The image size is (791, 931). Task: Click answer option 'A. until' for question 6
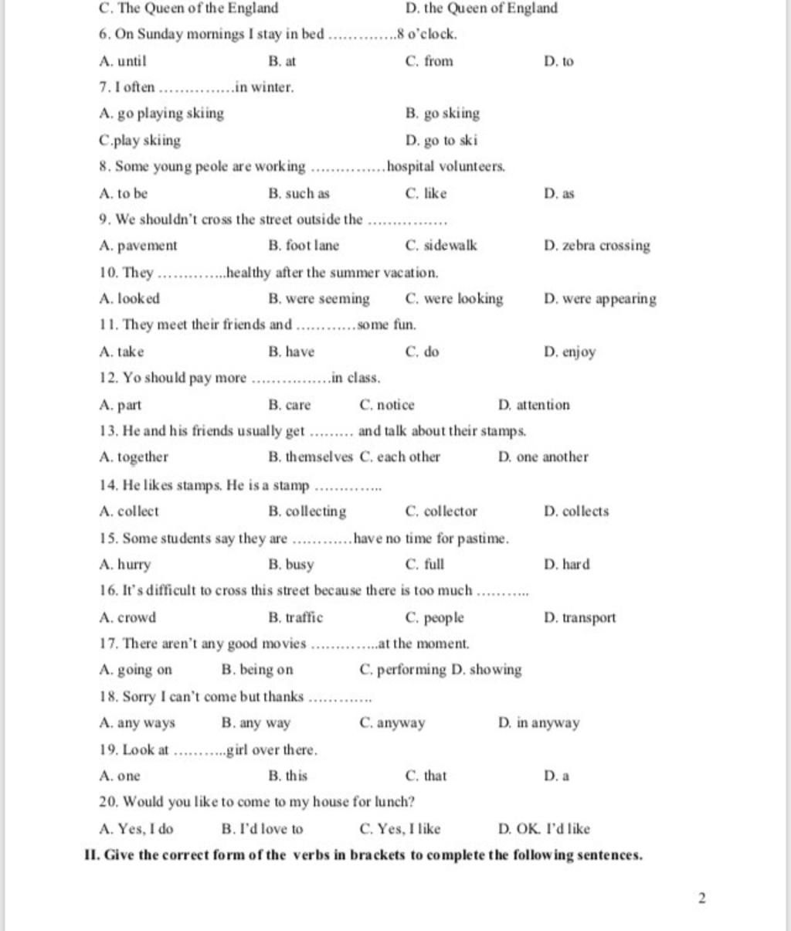[123, 61]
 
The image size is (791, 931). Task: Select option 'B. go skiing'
[442, 114]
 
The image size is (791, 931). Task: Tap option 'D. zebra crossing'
[596, 246]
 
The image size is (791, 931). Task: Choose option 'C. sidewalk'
[440, 246]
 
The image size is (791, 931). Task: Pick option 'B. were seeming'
[318, 299]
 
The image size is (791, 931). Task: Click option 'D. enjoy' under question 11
[569, 352]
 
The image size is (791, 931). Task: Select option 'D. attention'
[534, 405]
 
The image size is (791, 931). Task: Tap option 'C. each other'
[399, 457]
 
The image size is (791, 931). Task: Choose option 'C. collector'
[440, 511]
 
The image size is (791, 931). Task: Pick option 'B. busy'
[290, 564]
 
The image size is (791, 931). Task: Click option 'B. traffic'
[295, 617]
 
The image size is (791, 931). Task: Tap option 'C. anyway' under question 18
[392, 723]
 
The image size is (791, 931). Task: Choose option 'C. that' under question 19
[426, 776]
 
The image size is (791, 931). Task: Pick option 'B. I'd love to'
[262, 829]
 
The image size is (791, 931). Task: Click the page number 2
[701, 898]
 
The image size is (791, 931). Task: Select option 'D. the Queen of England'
[480, 8]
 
